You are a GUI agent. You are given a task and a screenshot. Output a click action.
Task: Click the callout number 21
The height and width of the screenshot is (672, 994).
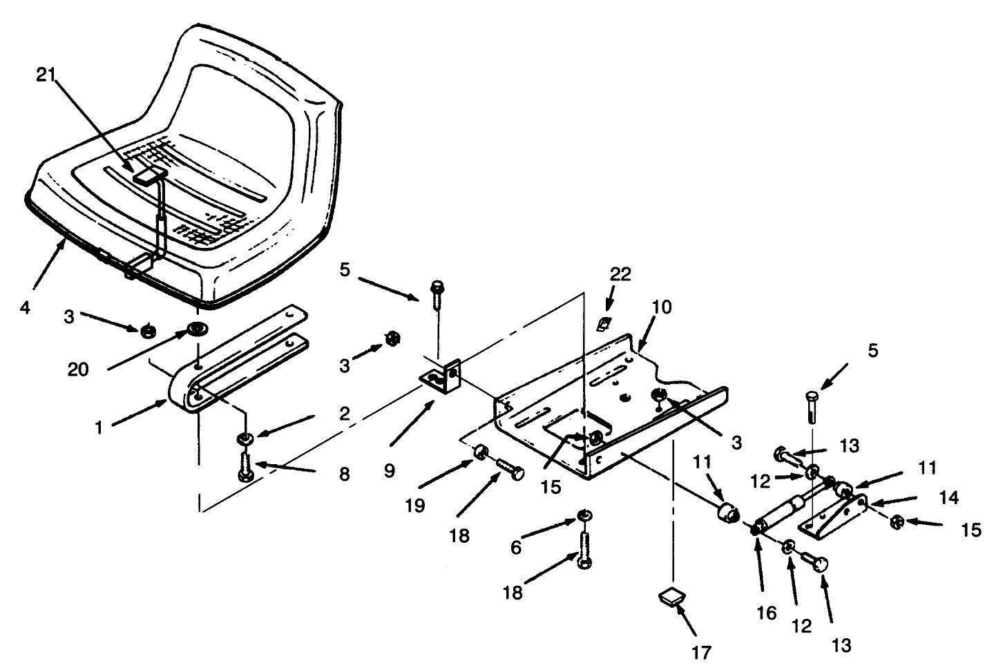[x=46, y=75]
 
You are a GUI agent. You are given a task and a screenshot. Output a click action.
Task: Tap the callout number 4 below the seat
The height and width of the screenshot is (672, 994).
[x=26, y=307]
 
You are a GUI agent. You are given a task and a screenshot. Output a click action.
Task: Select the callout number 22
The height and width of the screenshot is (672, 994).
[x=620, y=275]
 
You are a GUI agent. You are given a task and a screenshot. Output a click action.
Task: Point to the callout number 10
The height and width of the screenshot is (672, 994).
[x=662, y=307]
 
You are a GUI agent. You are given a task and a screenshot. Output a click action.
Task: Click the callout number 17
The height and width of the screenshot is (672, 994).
[x=702, y=653]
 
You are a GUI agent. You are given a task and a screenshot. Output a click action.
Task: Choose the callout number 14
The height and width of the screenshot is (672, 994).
[x=949, y=498]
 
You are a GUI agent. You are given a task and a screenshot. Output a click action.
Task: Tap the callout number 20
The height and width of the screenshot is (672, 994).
[x=78, y=369]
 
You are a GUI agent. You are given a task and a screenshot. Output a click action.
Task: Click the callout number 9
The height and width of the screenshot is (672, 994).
[x=390, y=471]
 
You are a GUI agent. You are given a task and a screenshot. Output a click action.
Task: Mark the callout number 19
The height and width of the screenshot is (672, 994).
[x=415, y=506]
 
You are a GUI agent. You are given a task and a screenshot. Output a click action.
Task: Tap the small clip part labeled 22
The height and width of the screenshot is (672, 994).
[x=604, y=325]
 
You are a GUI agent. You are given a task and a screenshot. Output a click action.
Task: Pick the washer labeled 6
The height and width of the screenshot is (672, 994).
[x=584, y=515]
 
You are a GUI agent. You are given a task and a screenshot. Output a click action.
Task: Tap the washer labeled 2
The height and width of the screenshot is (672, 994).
[x=245, y=439]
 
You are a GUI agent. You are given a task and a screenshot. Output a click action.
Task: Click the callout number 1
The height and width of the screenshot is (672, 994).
[x=99, y=428]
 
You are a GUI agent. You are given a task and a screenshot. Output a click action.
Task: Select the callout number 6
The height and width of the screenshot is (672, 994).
[x=515, y=548]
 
